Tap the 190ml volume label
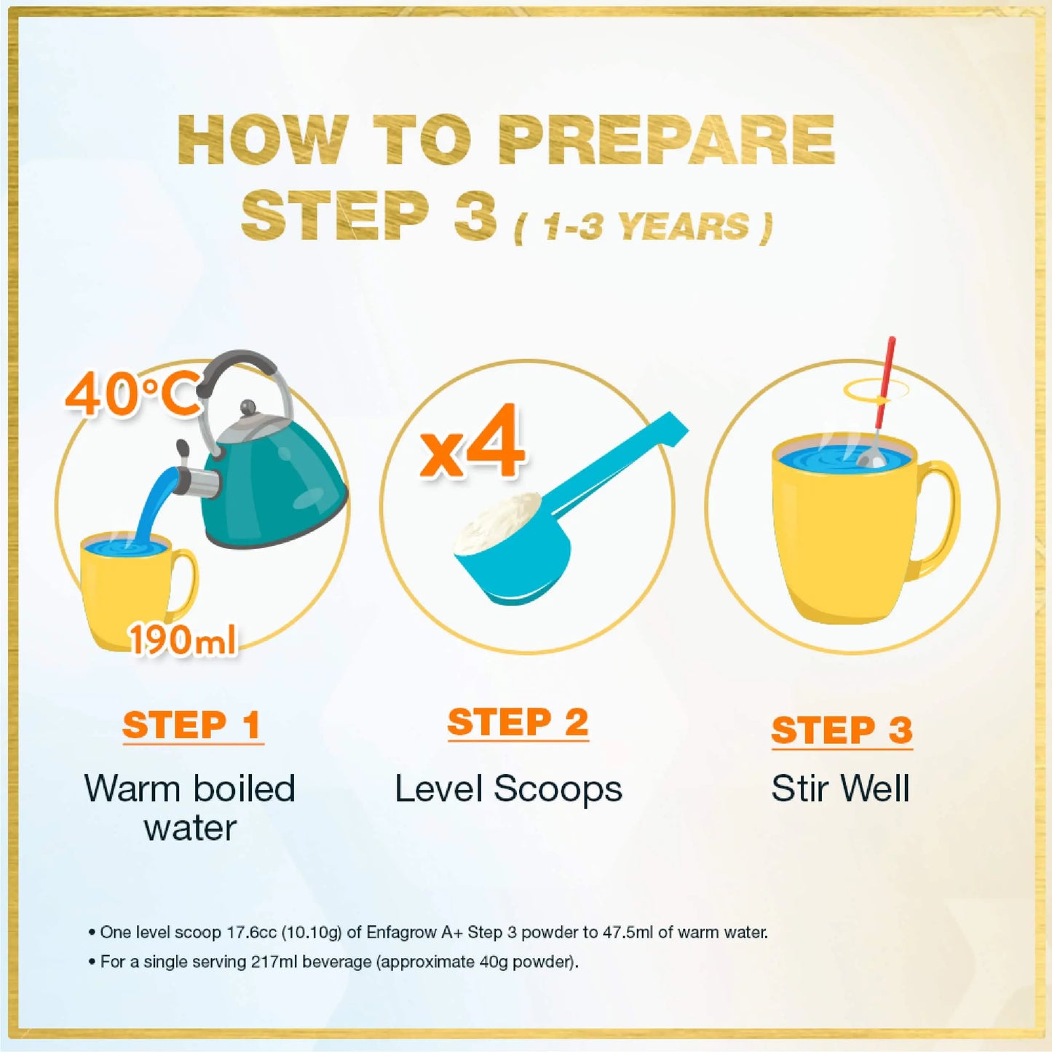[x=183, y=639]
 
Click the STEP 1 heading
[x=192, y=726]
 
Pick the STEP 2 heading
[x=518, y=723]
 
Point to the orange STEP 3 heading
[x=842, y=730]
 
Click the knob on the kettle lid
[x=248, y=408]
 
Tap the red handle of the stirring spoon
[x=885, y=382]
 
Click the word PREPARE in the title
[x=666, y=140]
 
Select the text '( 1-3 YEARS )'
[x=644, y=227]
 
